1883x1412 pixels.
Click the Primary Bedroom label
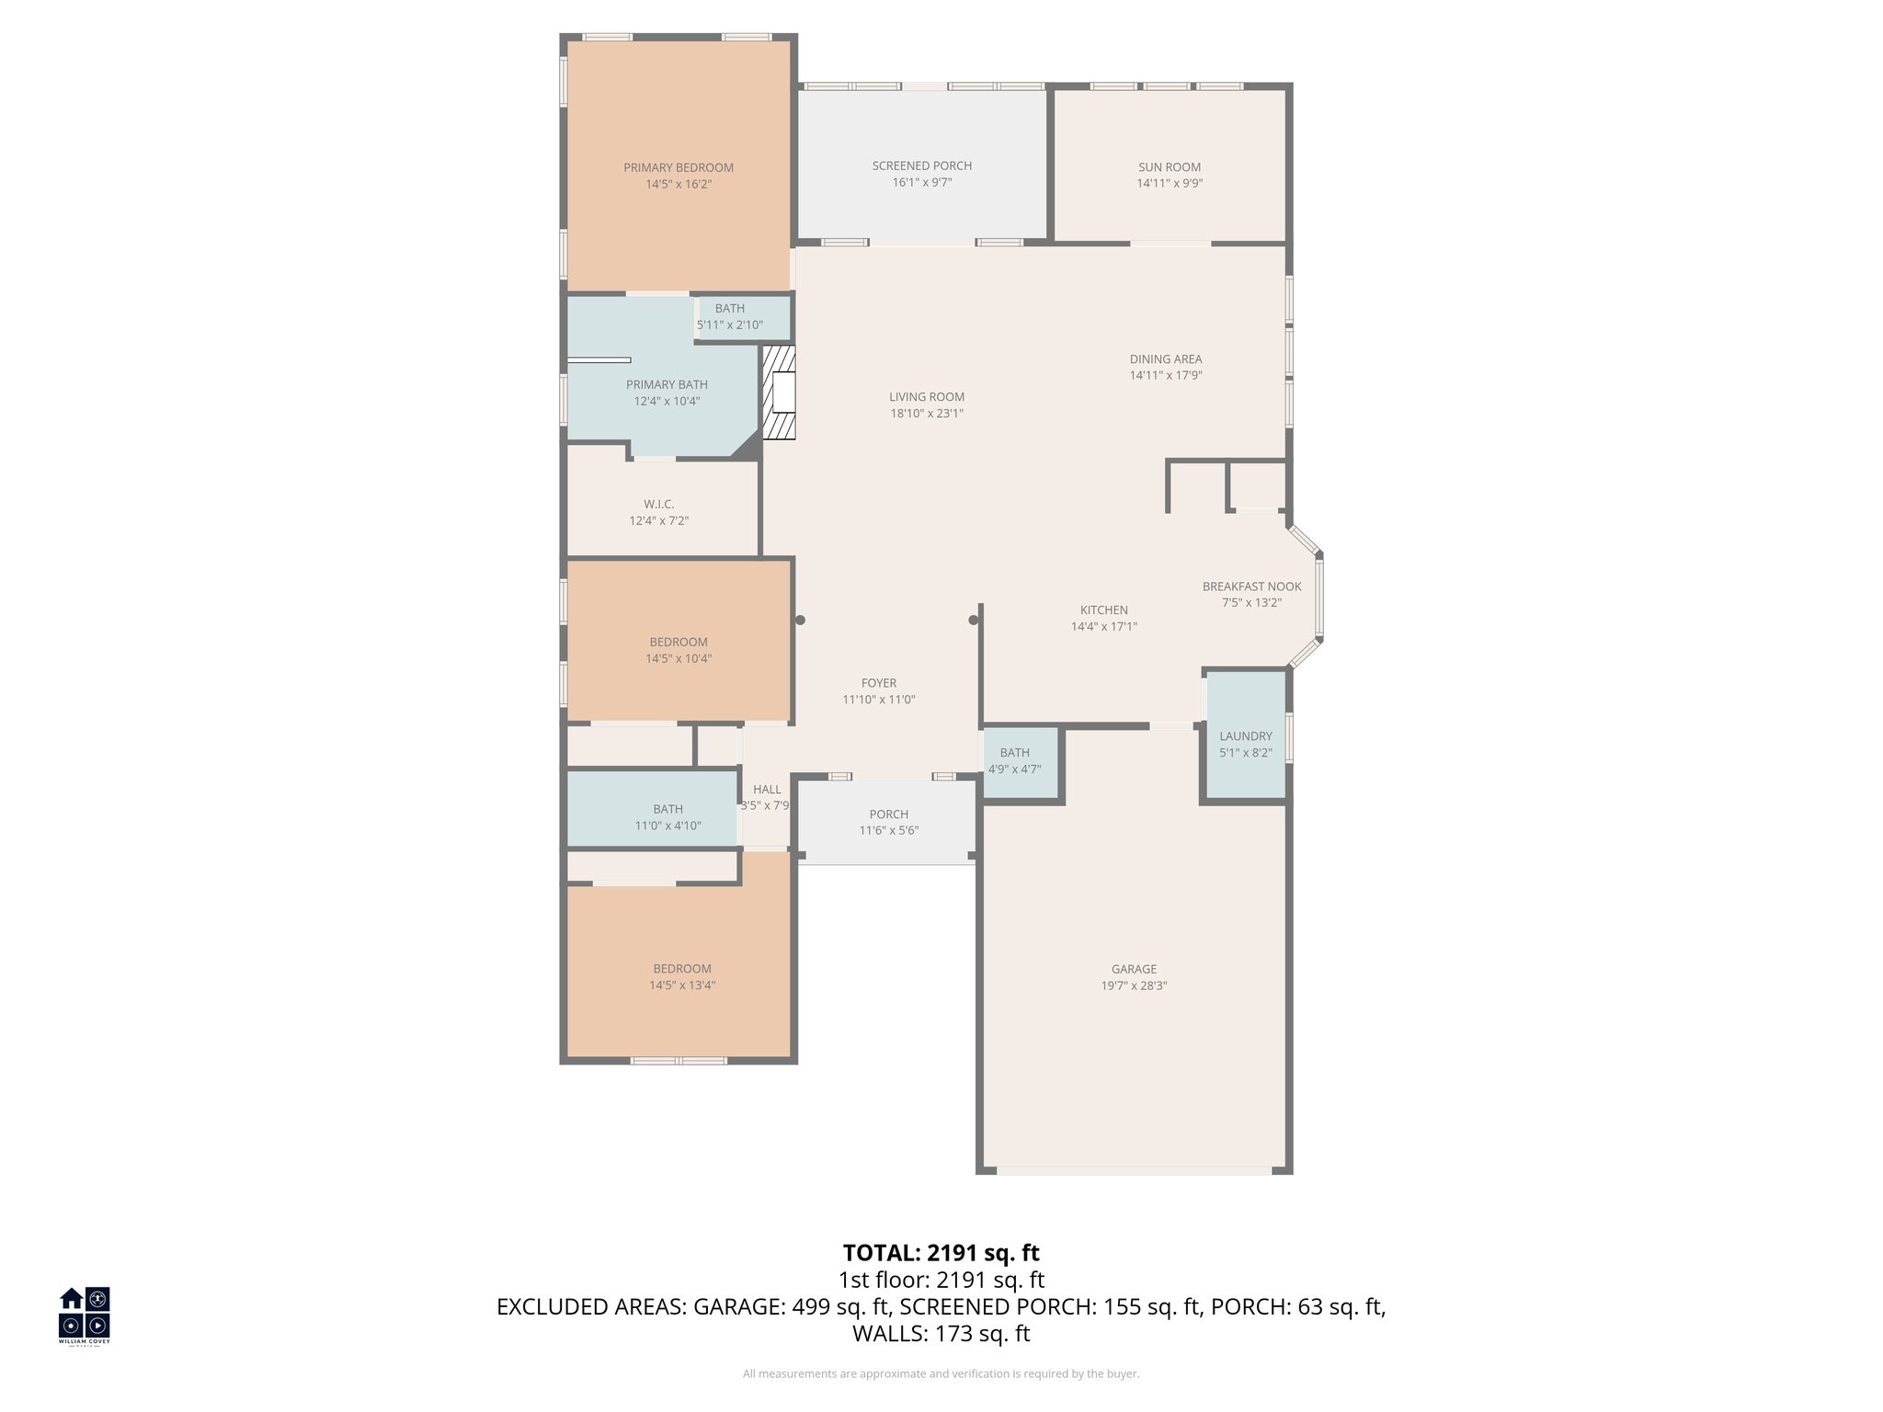point(679,167)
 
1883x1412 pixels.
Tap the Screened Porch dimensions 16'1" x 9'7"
point(921,183)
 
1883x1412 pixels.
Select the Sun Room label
point(1170,167)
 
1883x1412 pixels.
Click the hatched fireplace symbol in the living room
point(779,393)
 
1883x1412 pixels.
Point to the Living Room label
point(927,397)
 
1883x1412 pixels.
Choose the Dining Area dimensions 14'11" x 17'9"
point(1166,376)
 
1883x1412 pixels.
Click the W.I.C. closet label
point(658,505)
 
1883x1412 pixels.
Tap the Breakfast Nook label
point(1251,586)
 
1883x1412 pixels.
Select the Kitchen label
point(1103,610)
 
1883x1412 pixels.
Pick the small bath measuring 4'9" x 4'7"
point(1015,760)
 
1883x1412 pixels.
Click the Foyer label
point(879,683)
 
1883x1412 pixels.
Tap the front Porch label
point(888,814)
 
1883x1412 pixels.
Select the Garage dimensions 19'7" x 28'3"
point(1134,985)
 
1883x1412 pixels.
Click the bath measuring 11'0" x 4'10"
point(668,817)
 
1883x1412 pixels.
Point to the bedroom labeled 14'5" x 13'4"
point(681,976)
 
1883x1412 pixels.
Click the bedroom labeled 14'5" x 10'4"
point(679,650)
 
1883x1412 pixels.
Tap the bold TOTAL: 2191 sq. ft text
point(941,1253)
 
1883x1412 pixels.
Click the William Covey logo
point(85,1315)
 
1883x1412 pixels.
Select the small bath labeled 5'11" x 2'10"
point(730,316)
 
